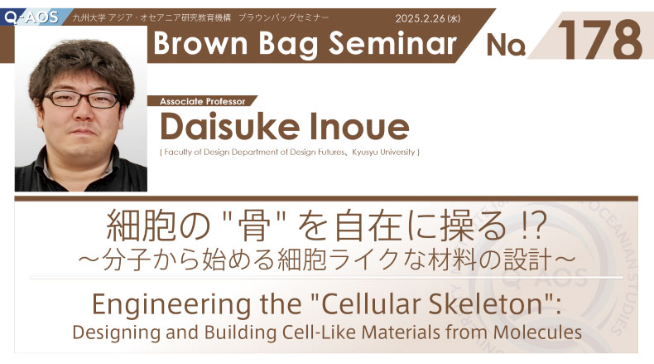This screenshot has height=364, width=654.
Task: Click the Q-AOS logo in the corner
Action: [x=31, y=17]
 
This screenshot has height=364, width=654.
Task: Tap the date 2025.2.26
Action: [x=421, y=18]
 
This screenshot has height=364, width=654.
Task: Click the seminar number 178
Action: [x=600, y=40]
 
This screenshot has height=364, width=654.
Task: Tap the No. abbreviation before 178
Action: [x=506, y=45]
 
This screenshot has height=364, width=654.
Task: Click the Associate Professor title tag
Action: [x=202, y=101]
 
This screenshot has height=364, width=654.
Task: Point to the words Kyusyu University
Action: [x=383, y=152]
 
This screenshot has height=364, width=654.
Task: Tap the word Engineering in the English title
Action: [x=171, y=305]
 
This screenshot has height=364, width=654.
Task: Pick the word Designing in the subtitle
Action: [x=116, y=333]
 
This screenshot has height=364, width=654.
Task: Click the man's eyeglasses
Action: [x=82, y=99]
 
